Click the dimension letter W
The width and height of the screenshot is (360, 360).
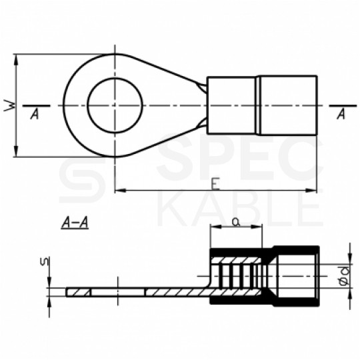tap(9, 105)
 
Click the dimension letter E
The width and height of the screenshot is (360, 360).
tap(215, 184)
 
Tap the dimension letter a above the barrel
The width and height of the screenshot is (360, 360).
tap(236, 222)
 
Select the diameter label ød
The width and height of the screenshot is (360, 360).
tap(345, 275)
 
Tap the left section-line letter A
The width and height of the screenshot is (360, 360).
tap(35, 114)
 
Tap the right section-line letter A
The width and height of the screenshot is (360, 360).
tap(341, 114)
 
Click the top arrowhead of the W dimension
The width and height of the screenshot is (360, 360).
tap(15, 59)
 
